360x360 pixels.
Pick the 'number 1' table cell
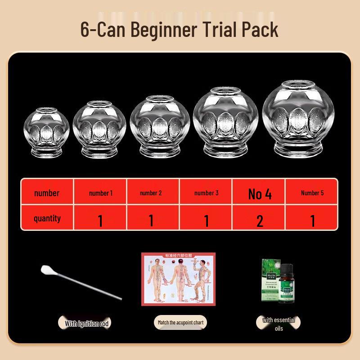[x=101, y=193]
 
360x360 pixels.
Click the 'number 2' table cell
[x=151, y=193]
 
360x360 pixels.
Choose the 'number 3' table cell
[x=207, y=193]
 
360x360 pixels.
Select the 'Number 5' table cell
[x=312, y=193]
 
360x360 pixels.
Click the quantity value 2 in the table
[x=260, y=220]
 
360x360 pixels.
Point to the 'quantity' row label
[x=47, y=219]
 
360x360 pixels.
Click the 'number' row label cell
[x=47, y=193]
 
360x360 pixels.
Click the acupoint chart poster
[x=179, y=279]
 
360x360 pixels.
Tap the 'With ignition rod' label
[x=86, y=323]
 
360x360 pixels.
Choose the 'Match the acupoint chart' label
[x=180, y=323]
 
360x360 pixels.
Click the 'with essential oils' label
[x=279, y=324]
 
